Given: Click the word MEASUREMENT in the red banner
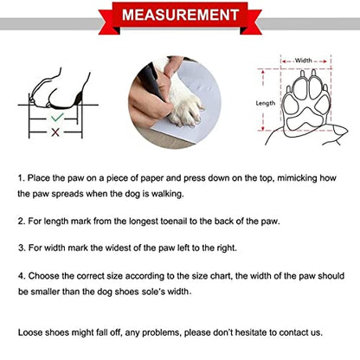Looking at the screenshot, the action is pos(180,15).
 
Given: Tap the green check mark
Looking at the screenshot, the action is pos(56,118).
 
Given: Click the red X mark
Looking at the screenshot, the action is pos(55,132).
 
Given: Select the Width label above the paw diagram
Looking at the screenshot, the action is pos(304,61).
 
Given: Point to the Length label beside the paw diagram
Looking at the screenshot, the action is pos(266,103).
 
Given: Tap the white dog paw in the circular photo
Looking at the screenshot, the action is pos(184,106).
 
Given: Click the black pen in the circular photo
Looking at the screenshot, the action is pos(152,80).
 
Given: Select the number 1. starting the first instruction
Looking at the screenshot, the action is pos(22,178).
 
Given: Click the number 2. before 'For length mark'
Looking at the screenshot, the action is pos(22,222).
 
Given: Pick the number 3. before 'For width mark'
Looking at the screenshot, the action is pos(22,247).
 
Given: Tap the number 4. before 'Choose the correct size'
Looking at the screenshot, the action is pos(22,276).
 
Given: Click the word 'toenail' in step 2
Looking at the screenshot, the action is pos(174,222).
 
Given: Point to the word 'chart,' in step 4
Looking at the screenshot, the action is pos(221,276).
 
